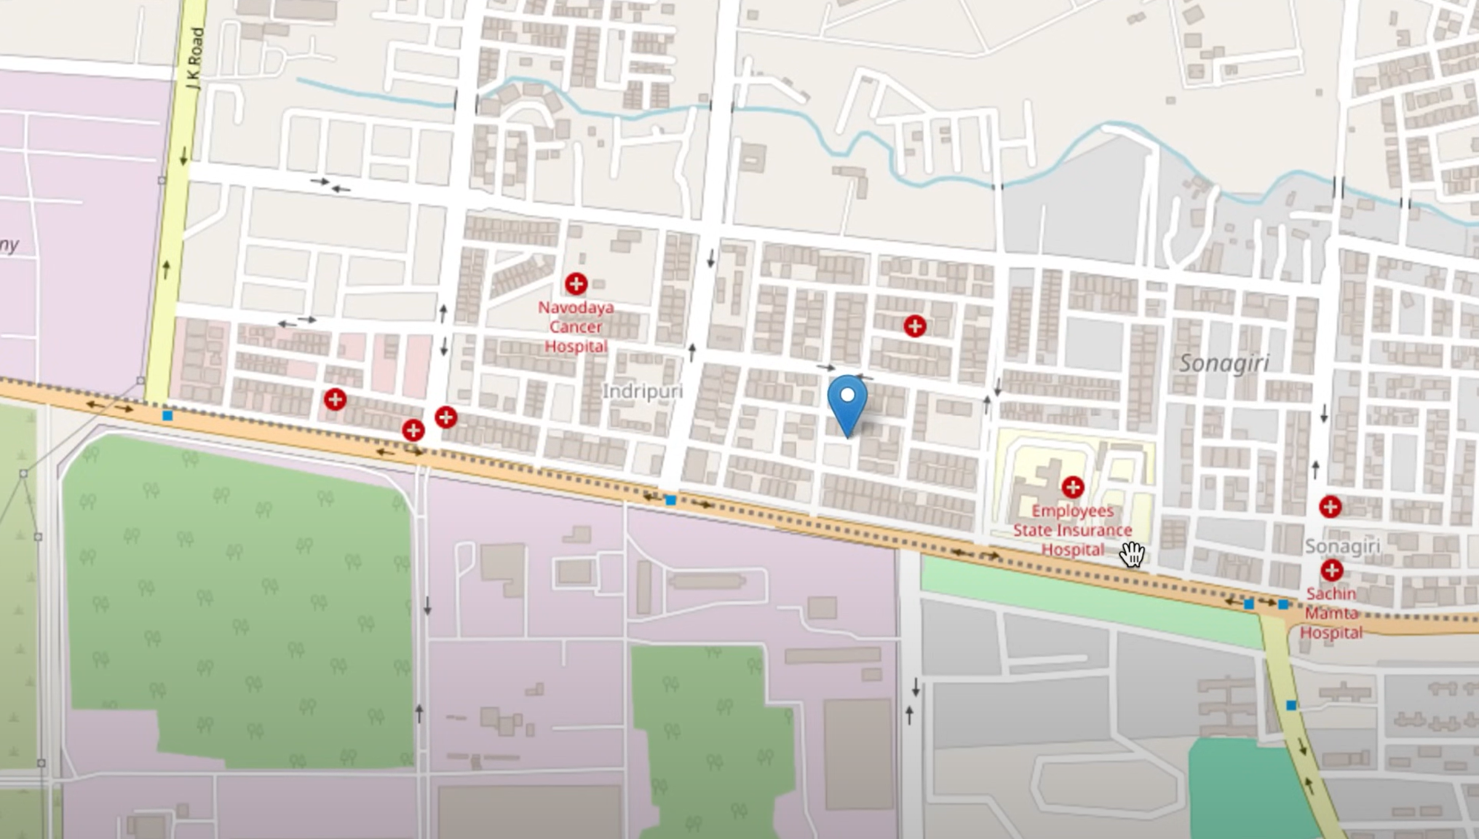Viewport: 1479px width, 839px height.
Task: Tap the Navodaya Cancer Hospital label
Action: [x=576, y=327]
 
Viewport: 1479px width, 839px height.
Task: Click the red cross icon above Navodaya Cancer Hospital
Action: [x=576, y=284]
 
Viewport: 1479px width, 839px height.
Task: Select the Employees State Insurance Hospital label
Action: [x=1073, y=530]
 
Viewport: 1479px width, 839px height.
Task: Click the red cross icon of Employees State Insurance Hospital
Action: [x=1073, y=487]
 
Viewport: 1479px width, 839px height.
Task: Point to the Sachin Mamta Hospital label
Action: [x=1331, y=613]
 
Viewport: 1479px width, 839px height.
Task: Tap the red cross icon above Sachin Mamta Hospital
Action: [x=1332, y=570]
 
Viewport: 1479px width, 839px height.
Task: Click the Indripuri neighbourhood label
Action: [x=643, y=391]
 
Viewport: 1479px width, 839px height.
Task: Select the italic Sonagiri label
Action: [x=1224, y=363]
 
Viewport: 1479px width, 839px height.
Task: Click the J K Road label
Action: [x=196, y=59]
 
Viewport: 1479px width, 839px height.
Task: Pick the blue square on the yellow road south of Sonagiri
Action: [x=1291, y=705]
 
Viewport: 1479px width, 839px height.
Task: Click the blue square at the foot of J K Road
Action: [x=167, y=416]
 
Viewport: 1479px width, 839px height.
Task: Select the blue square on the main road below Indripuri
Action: [x=671, y=500]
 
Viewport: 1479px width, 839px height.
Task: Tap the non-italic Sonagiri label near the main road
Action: [x=1342, y=546]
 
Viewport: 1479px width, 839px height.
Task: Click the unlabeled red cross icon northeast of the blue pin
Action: [x=915, y=326]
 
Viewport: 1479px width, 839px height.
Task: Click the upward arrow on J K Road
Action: [x=166, y=269]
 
